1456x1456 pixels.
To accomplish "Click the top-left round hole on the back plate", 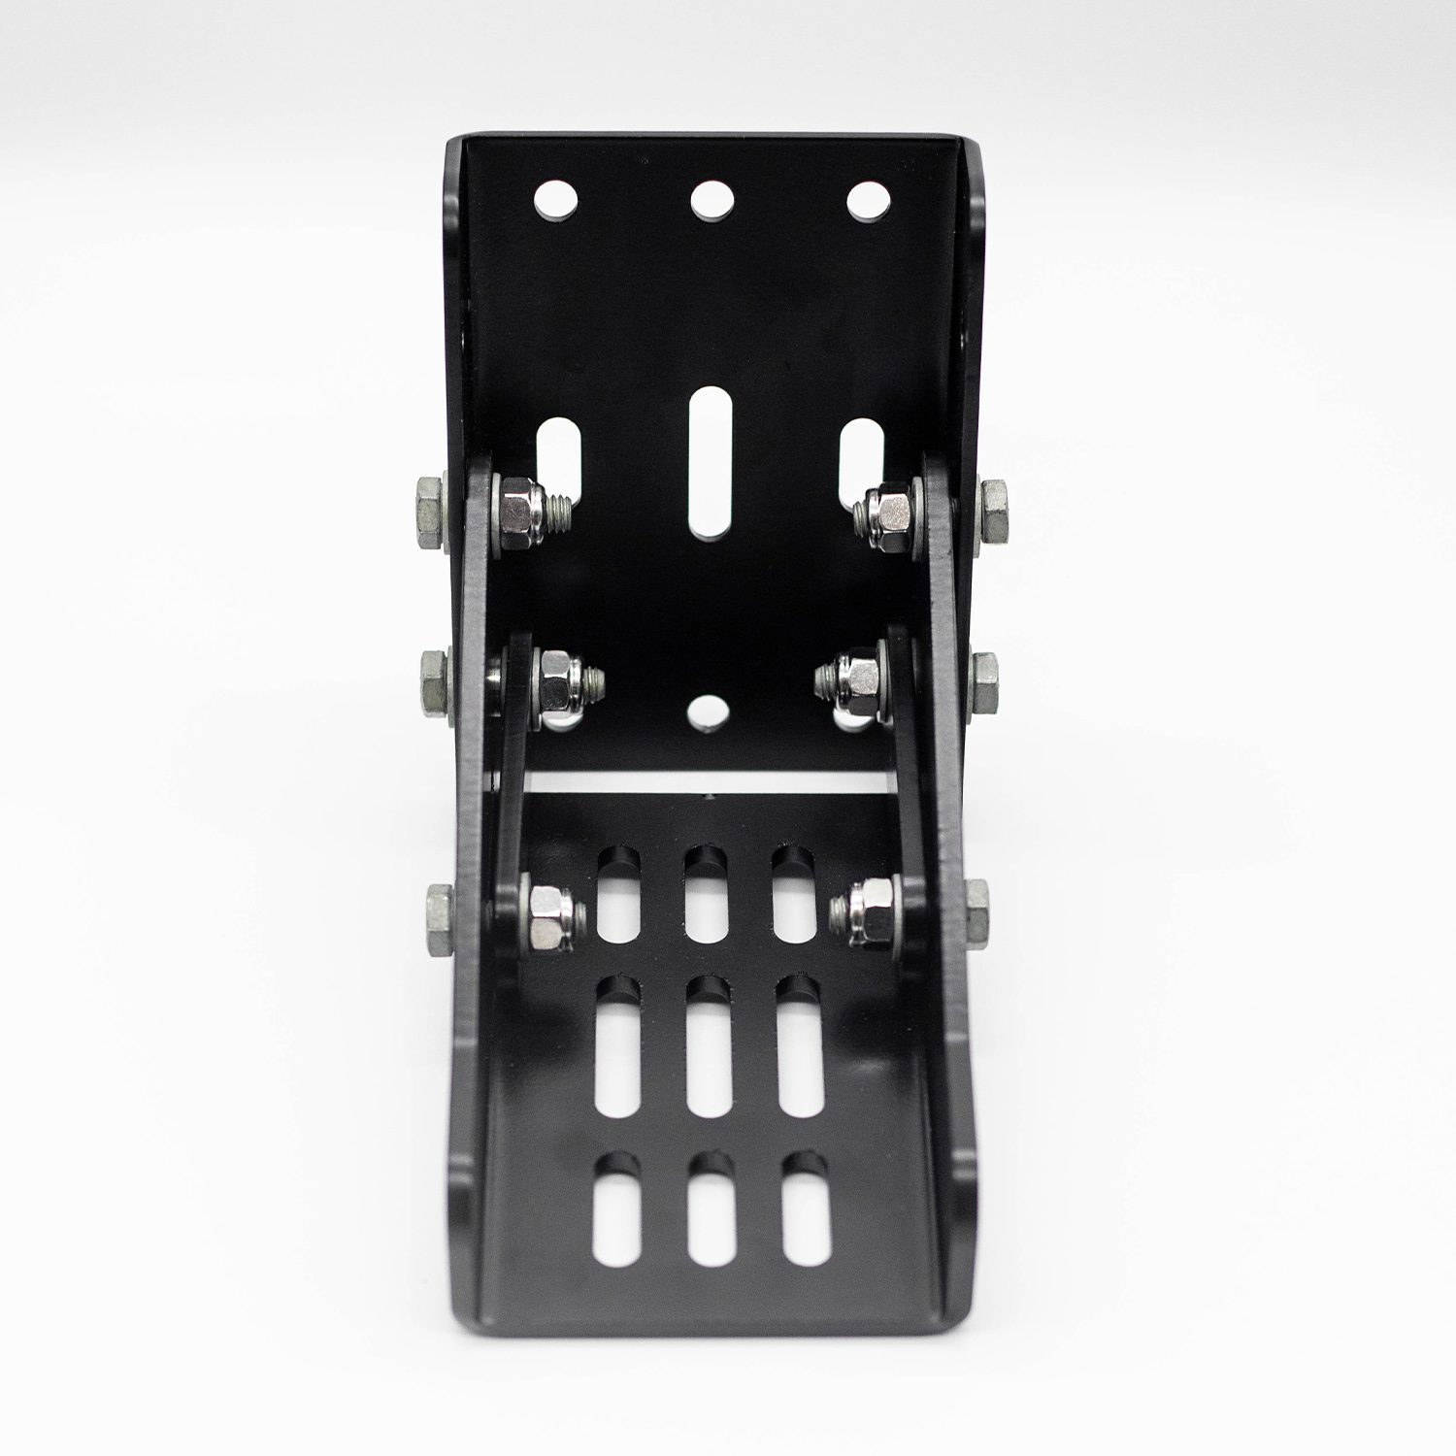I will click(x=556, y=200).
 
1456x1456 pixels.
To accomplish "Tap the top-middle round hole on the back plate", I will click(x=711, y=200).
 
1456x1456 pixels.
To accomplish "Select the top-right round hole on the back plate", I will click(x=868, y=200).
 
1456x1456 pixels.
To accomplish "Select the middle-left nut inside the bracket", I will click(x=559, y=679).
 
